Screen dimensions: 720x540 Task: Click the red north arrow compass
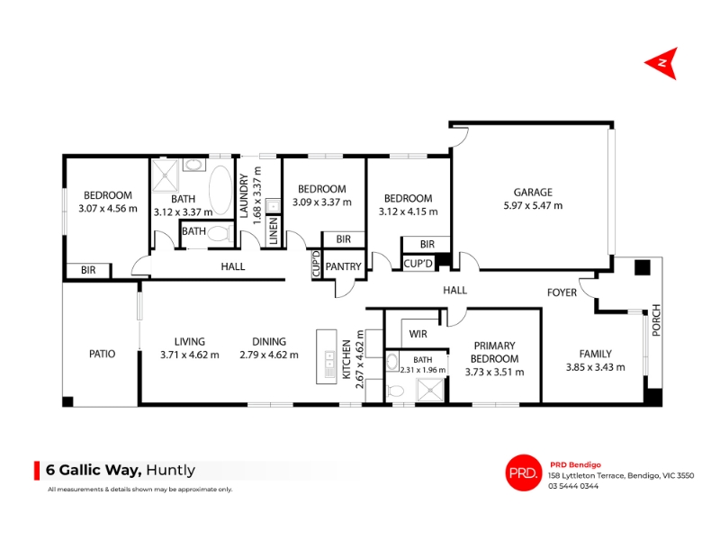pos(663,63)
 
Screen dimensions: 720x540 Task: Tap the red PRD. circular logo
pos(524,472)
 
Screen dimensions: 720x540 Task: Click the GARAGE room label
pos(533,193)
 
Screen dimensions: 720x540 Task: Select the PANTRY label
pos(344,266)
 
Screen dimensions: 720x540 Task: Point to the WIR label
pos(418,334)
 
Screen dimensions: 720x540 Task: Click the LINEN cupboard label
pos(274,230)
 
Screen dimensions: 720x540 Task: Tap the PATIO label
pos(102,354)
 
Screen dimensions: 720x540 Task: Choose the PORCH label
pos(656,320)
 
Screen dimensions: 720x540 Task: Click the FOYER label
pos(562,292)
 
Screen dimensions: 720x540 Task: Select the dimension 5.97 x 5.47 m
pos(533,206)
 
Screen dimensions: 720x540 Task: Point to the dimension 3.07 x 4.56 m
pos(108,209)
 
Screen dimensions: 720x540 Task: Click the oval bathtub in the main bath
pos(220,190)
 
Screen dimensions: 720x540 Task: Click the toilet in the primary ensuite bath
pos(394,391)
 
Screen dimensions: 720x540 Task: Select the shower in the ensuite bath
pos(430,391)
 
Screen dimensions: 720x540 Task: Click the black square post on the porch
pos(643,267)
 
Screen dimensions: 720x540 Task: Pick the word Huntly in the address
pos(170,470)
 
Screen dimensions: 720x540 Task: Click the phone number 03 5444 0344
pos(573,486)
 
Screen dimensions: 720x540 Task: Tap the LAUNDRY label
pos(244,196)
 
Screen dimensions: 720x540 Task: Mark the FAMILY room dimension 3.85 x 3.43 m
pos(595,367)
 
